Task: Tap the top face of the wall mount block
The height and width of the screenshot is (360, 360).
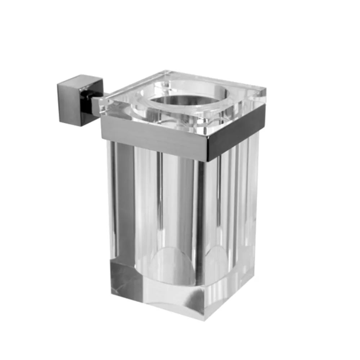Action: click(x=80, y=80)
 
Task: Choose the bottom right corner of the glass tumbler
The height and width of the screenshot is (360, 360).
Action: click(x=254, y=279)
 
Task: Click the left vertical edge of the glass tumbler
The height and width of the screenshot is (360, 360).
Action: click(x=109, y=216)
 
